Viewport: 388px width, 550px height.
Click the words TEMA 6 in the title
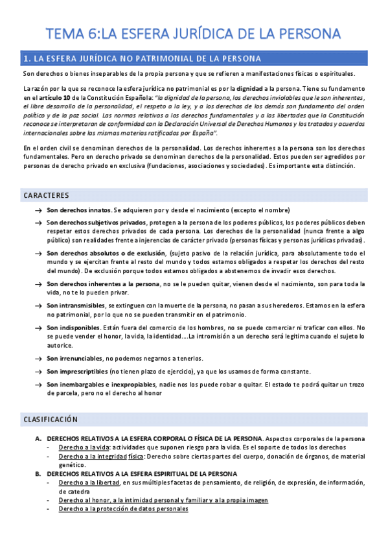click(73, 33)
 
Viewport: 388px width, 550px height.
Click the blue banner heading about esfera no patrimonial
click(142, 58)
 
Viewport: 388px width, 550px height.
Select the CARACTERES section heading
click(46, 195)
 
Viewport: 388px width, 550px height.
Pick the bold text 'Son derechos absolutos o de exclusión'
click(106, 253)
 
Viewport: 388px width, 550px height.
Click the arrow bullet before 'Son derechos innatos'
click(38, 211)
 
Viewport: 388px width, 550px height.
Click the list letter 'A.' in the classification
click(38, 438)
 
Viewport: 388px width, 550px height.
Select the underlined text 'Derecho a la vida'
click(82, 447)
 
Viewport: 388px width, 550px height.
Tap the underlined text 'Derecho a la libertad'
click(88, 483)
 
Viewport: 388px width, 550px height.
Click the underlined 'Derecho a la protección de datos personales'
click(123, 509)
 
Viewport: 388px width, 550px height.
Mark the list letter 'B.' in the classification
click(38, 474)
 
